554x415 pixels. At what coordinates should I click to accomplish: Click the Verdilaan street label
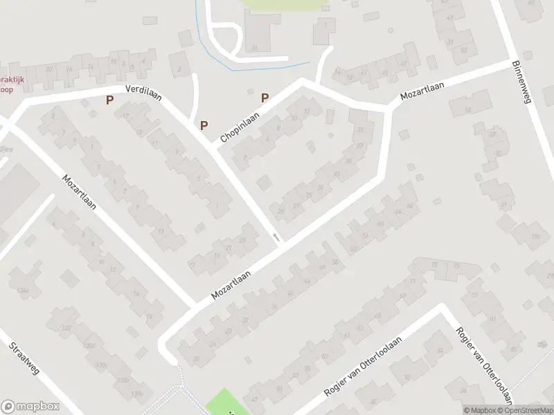coord(143,93)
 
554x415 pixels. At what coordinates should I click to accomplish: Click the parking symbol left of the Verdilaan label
coord(109,100)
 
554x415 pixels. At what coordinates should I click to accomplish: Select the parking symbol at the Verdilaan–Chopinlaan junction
coord(204,125)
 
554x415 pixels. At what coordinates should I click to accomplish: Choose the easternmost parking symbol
coord(265,98)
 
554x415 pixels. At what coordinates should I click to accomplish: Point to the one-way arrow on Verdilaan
coord(276,238)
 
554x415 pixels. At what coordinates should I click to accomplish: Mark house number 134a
coord(24,291)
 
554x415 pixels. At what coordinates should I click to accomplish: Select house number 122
coord(66,329)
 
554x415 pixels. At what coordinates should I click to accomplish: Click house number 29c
coord(535,237)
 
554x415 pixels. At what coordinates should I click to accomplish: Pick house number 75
coord(456,266)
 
